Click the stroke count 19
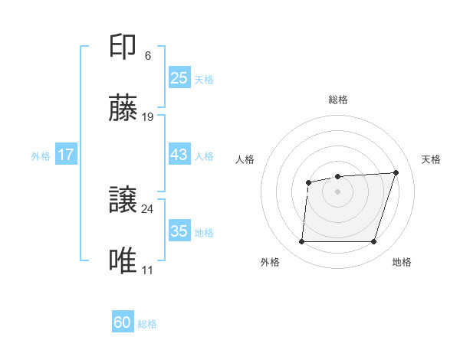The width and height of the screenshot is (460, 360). [x=148, y=117]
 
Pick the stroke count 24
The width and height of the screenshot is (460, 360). [x=148, y=208]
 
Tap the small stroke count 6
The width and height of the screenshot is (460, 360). [x=148, y=56]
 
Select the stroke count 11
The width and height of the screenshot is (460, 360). [x=148, y=270]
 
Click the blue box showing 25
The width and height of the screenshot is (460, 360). [x=179, y=78]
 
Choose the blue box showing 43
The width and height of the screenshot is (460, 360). [x=179, y=155]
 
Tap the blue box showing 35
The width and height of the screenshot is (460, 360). [x=179, y=231]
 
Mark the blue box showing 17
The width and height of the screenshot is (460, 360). [x=66, y=155]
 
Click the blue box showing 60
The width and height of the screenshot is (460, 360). [x=123, y=323]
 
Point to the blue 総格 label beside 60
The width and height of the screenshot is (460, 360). [x=147, y=324]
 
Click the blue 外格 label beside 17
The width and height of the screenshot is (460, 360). [x=41, y=155]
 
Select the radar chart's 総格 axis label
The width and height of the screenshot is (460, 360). [x=338, y=100]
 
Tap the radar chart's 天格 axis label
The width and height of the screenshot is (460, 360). [x=432, y=159]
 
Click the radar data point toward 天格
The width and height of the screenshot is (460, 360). [x=396, y=172]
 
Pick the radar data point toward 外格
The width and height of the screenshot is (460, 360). [x=301, y=242]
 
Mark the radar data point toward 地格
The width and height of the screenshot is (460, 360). [x=373, y=242]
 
